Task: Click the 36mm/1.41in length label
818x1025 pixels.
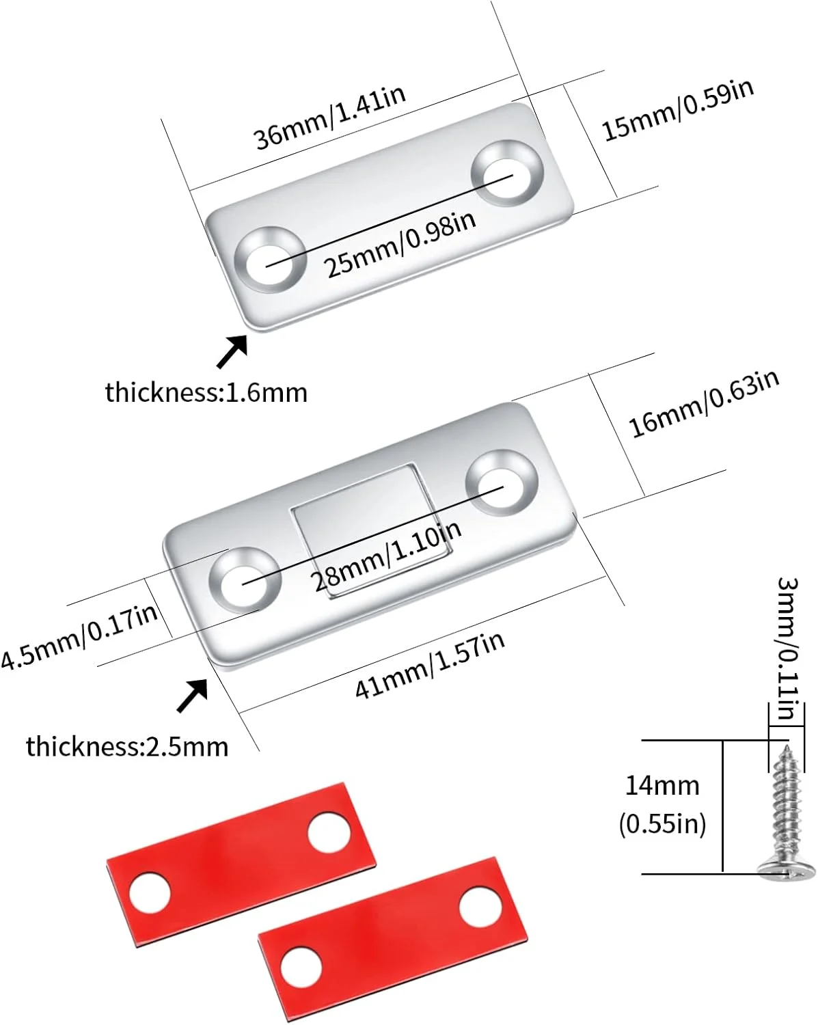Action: click(x=329, y=118)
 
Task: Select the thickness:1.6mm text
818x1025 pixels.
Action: click(x=206, y=393)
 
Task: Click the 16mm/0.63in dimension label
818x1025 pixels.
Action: click(x=704, y=403)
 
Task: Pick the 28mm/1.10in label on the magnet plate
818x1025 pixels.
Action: click(x=386, y=556)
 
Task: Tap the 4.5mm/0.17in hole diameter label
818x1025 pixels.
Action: click(x=79, y=636)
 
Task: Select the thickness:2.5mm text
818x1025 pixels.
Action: click(x=127, y=747)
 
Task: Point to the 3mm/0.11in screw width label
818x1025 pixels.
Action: click(x=787, y=648)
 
